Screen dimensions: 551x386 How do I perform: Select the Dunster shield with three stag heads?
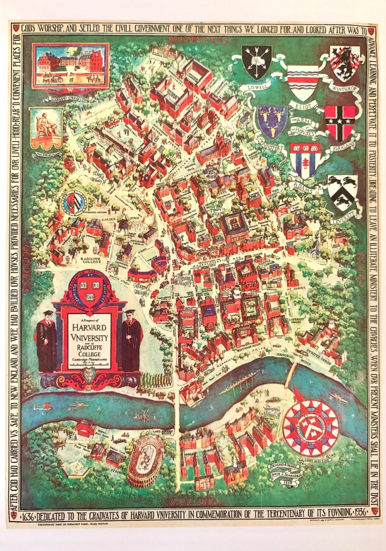[272, 120]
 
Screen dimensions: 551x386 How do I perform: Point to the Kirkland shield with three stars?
[340, 122]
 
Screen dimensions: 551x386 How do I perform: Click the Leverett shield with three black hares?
[342, 192]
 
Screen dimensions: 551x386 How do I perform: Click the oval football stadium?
[145, 459]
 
